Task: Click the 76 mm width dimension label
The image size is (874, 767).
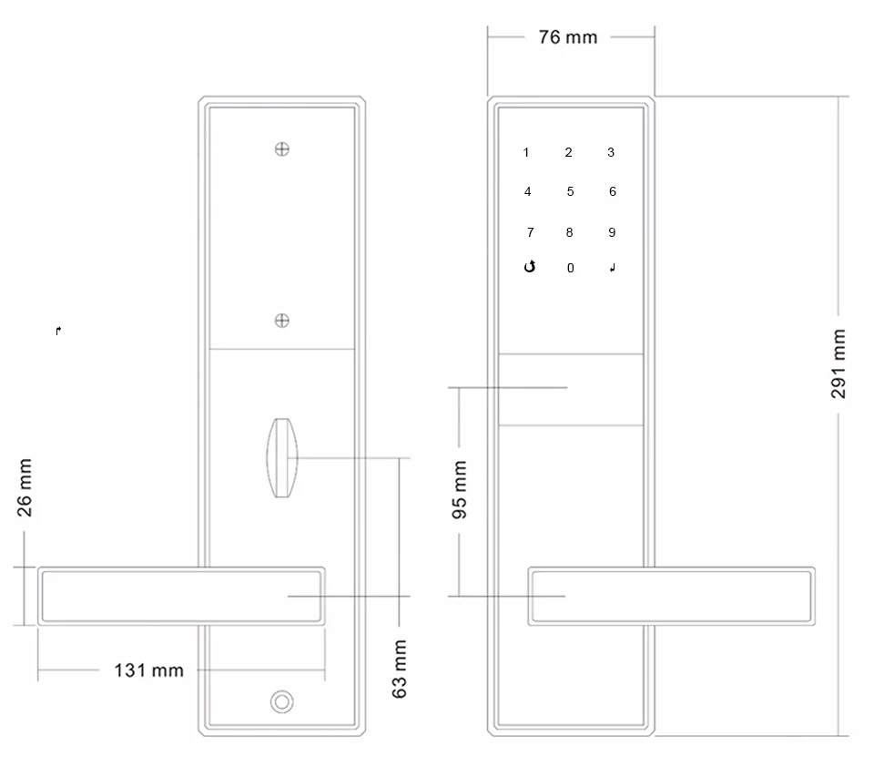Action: pos(568,37)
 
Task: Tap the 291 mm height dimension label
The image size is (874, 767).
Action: pos(838,363)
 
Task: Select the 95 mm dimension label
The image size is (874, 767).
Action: pos(459,490)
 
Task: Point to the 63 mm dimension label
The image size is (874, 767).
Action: pos(399,669)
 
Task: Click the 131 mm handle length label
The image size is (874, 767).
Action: pos(148,670)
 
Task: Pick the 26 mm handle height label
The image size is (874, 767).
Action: pos(25,487)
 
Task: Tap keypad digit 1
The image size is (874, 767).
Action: pos(526,152)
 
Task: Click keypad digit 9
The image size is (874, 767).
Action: pos(612,232)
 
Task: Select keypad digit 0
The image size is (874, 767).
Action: pos(570,268)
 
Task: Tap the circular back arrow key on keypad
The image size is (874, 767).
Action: pos(530,267)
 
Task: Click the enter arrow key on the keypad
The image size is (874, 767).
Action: pos(613,268)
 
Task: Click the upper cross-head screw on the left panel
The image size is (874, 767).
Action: pos(282,149)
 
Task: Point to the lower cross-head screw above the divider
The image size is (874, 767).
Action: pos(282,320)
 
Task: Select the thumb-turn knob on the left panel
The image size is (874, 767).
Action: pos(282,457)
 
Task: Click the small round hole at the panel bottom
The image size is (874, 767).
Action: pos(282,701)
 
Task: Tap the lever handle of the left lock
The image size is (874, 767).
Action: pos(181,596)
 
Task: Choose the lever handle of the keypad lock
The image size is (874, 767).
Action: pos(672,596)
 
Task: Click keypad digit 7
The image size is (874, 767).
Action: pos(530,232)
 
